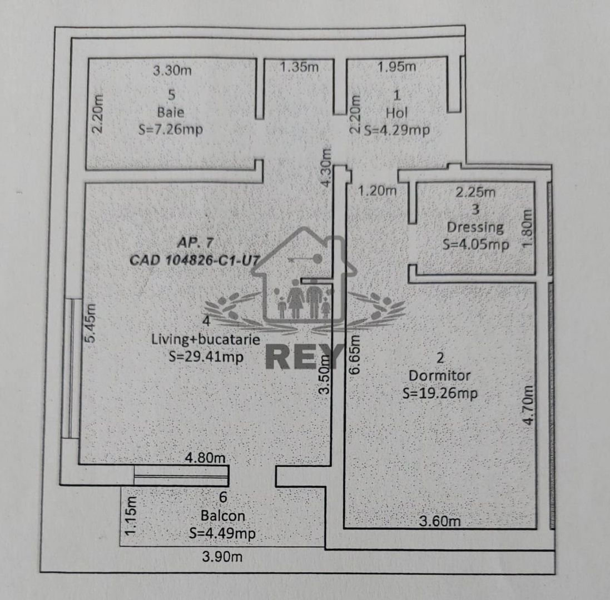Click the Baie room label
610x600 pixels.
[x=171, y=112]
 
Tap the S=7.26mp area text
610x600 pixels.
[x=170, y=129]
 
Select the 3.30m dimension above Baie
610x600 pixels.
[x=172, y=71]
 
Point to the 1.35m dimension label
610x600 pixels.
[x=299, y=67]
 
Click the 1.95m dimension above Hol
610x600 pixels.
[x=396, y=67]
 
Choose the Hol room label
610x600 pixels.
[x=397, y=113]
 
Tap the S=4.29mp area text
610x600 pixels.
[x=396, y=131]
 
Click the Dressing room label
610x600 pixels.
[x=475, y=227]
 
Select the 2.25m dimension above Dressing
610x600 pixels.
[x=475, y=193]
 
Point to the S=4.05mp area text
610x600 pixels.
[x=475, y=244]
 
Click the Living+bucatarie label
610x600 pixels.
[x=206, y=339]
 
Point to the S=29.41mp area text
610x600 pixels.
[x=206, y=357]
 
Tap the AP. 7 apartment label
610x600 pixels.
[x=194, y=242]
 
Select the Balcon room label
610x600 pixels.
[x=223, y=516]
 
